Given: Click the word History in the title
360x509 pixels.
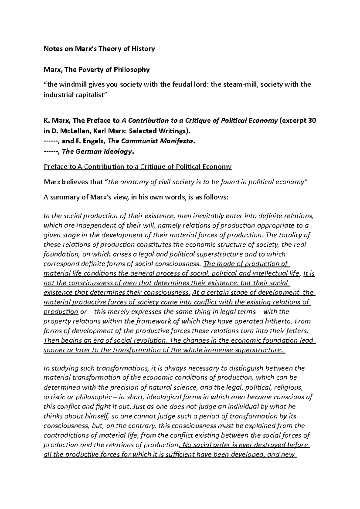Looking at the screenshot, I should [143, 49].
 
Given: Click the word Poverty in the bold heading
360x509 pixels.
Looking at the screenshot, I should [90, 70].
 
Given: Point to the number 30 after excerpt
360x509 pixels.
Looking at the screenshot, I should [312, 121].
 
